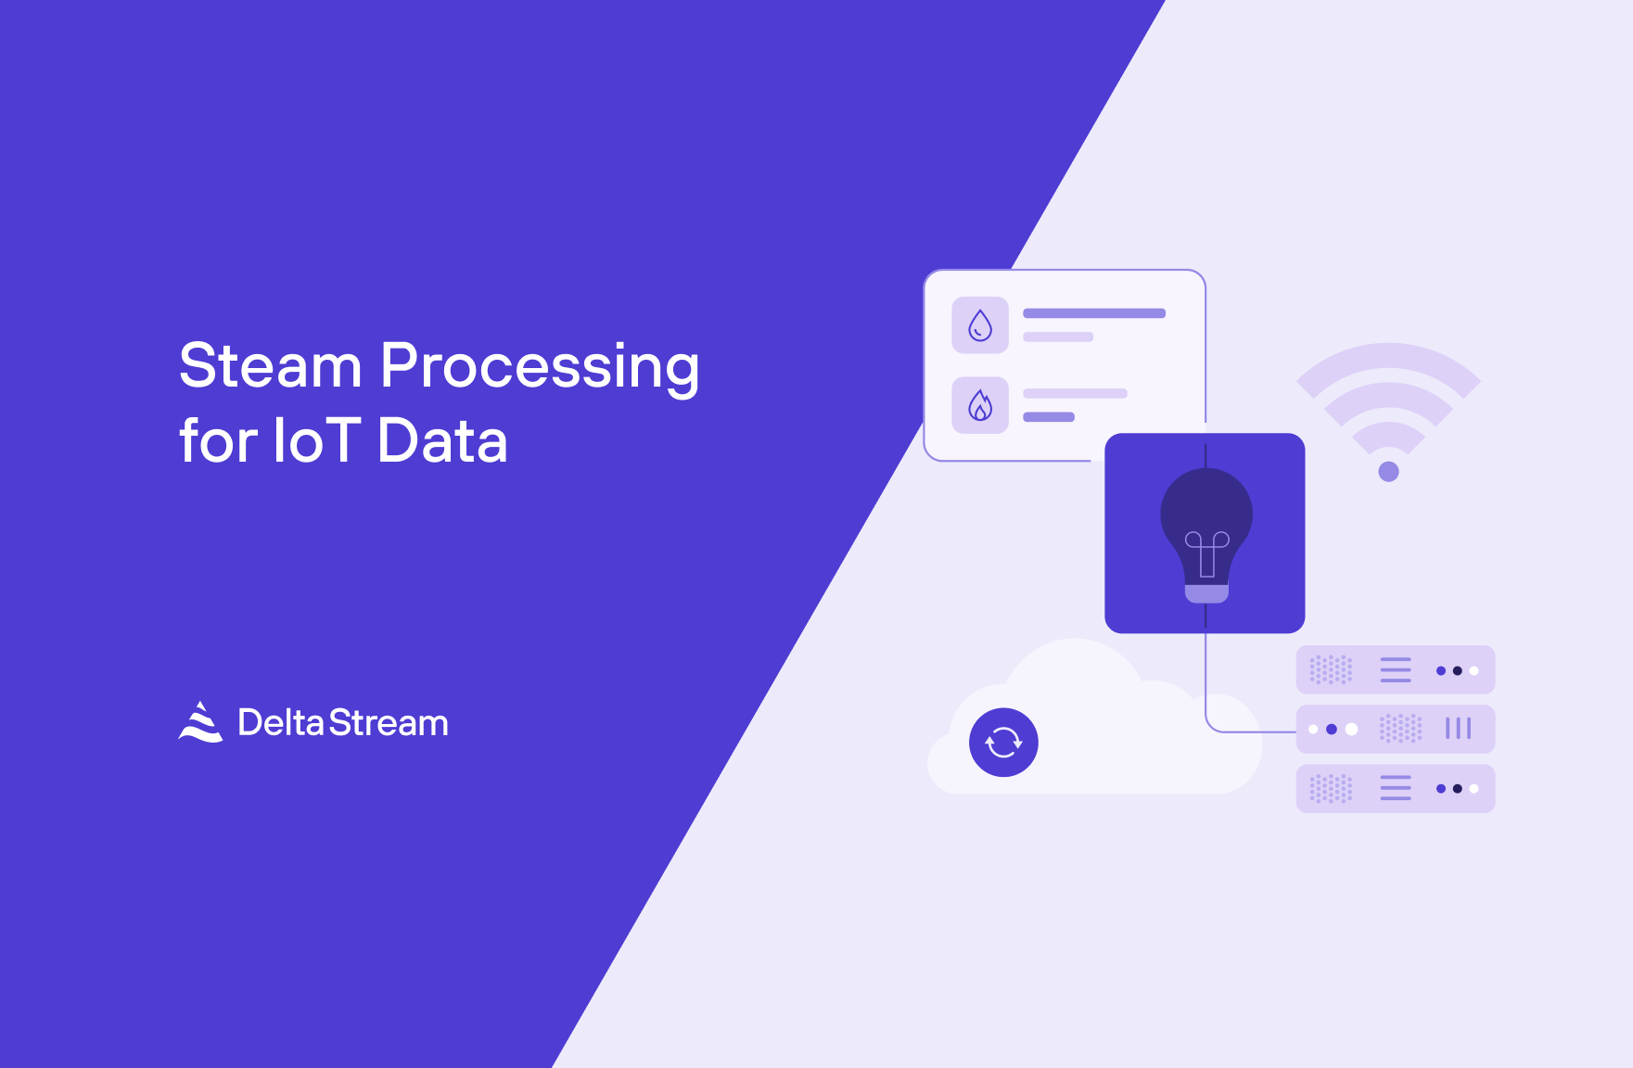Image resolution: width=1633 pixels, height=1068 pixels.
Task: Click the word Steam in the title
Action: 270,365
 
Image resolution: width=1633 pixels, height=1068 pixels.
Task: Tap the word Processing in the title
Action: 540,369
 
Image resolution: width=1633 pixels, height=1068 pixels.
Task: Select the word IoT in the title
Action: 316,440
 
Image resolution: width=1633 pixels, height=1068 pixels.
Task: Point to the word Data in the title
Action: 443,440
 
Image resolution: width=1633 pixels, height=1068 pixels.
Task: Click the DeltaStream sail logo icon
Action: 200,722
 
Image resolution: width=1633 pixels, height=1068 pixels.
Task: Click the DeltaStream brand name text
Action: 343,723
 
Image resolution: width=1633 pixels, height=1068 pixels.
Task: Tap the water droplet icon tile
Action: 980,325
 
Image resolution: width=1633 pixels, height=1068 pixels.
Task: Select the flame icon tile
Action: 980,405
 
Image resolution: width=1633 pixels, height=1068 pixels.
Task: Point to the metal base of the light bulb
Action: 1206,593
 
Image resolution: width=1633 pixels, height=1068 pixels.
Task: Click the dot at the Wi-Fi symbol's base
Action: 1388,472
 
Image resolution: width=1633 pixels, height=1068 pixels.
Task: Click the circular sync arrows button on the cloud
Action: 1003,743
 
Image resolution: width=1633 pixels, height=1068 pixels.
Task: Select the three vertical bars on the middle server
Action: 1459,729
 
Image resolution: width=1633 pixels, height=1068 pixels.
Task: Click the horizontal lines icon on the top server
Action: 1396,669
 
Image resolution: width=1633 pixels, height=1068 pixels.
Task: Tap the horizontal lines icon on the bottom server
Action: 1396,788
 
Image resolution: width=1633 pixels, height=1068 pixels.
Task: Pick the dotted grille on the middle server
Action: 1400,729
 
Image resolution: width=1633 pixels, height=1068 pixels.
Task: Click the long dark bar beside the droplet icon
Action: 1094,313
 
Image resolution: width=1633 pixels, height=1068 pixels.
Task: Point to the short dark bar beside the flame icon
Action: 1049,417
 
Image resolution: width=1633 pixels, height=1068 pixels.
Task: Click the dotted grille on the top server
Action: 1331,669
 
